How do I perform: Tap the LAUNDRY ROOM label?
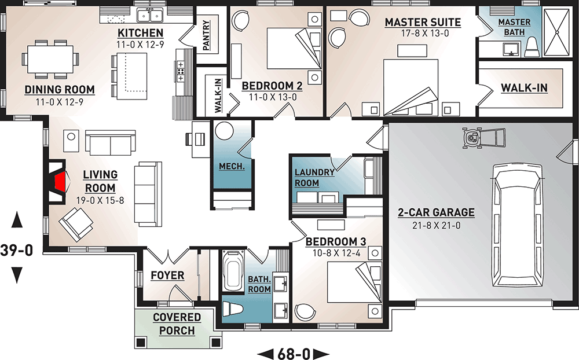pos(314,178)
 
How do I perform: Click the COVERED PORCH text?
pos(177,324)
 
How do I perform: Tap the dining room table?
pos(49,58)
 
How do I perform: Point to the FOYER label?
pos(167,275)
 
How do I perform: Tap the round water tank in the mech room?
pos(224,133)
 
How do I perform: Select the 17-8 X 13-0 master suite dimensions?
pos(423,34)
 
